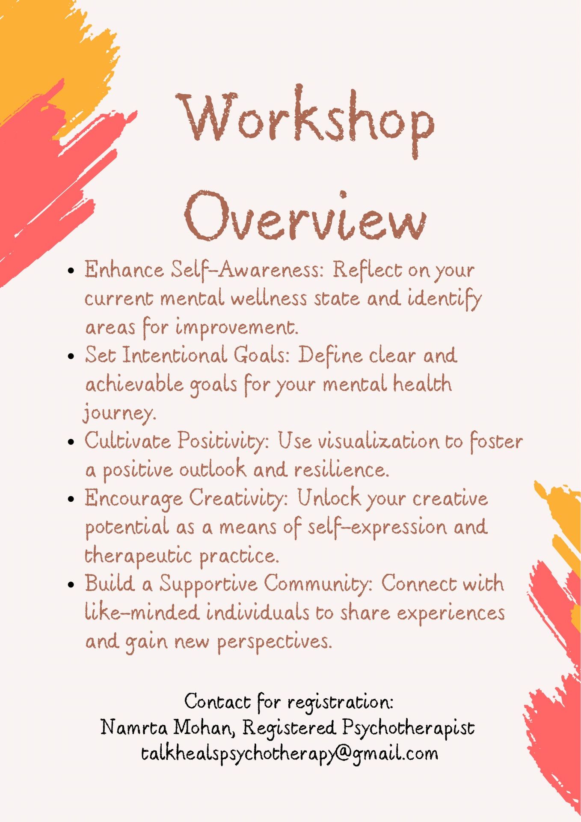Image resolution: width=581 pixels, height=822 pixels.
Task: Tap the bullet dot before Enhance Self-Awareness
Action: click(x=71, y=271)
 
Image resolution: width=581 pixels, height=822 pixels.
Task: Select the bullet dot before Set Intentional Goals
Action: click(x=71, y=357)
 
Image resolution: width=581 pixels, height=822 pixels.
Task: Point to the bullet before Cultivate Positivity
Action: click(x=71, y=442)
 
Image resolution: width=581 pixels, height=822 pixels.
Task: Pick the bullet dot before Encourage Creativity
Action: click(x=71, y=499)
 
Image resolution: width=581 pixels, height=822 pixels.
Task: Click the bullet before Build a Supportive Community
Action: click(x=71, y=585)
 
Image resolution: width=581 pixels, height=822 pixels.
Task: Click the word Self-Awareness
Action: click(x=247, y=271)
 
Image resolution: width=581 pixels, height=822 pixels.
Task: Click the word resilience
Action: click(x=341, y=470)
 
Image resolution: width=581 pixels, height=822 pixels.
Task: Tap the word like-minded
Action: click(x=142, y=612)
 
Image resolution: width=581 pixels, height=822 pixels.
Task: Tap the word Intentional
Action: click(x=175, y=355)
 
